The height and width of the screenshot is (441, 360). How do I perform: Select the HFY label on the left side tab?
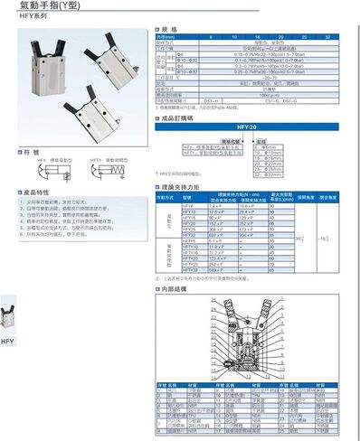[7, 342]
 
